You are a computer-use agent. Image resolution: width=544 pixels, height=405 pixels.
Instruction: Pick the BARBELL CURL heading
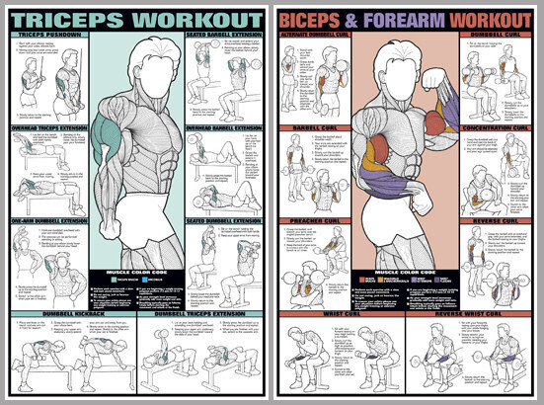click(x=314, y=127)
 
